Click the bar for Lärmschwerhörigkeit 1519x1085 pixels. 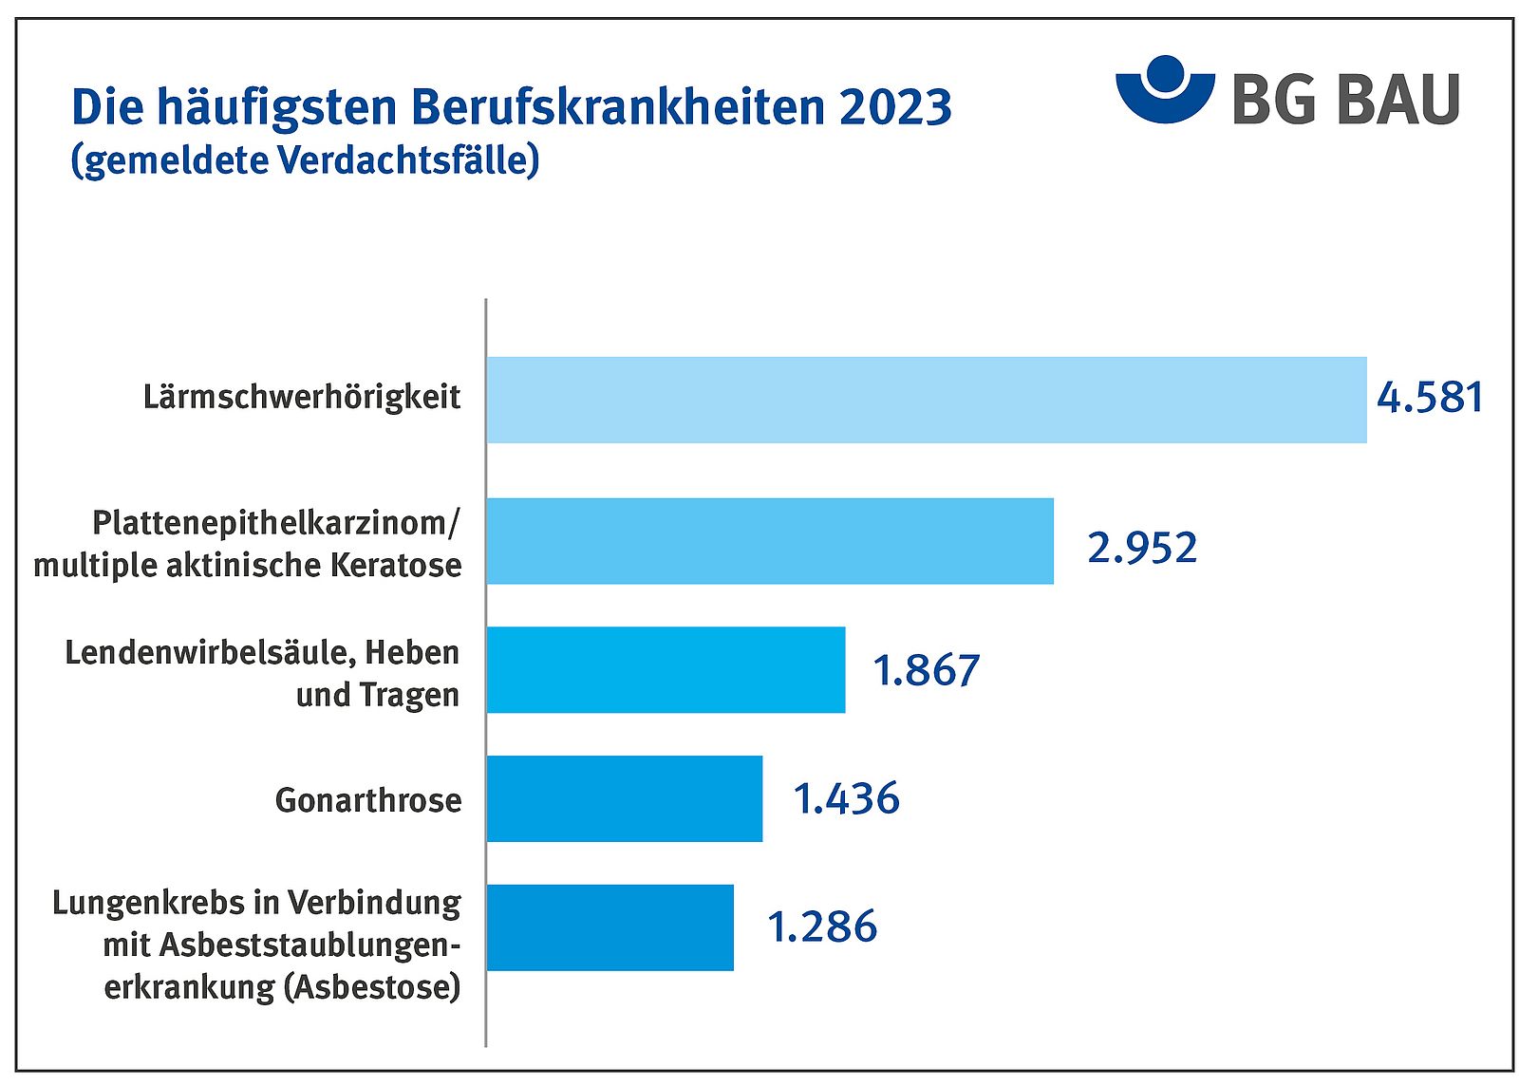[x=926, y=400]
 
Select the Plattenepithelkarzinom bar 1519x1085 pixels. [x=769, y=541]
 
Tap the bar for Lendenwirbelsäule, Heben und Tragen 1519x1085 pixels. [x=665, y=669]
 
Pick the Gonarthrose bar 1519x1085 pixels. [x=624, y=798]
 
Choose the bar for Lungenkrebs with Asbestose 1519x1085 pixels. [x=609, y=927]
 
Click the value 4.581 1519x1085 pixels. [x=1430, y=398]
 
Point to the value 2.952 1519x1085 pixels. [x=1142, y=549]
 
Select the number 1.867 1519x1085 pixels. [x=926, y=670]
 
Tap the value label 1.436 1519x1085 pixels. [x=846, y=799]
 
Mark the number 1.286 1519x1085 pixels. [x=822, y=927]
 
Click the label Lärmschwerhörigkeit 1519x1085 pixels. [x=302, y=397]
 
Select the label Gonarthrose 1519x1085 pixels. [x=368, y=800]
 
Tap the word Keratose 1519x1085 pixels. [x=396, y=566]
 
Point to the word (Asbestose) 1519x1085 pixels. [x=372, y=987]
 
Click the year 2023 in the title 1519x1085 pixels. [x=895, y=107]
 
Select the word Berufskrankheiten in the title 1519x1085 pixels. [x=619, y=107]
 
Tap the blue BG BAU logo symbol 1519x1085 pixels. [x=1165, y=90]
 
